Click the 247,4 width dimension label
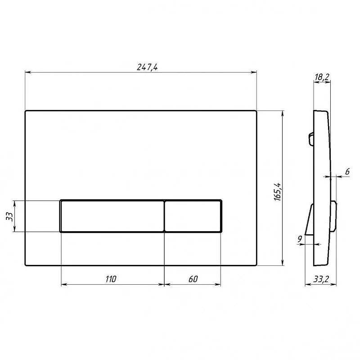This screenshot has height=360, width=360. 147,67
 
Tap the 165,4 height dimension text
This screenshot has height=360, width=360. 278,192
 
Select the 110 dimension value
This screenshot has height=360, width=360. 111,279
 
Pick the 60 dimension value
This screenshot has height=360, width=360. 193,279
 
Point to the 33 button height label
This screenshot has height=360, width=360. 9,216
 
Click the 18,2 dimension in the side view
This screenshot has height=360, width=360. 322,77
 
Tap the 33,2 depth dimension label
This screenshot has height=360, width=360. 321,279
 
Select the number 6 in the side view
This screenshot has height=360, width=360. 347,172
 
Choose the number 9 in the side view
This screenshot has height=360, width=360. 300,239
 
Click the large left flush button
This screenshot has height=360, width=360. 112,216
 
